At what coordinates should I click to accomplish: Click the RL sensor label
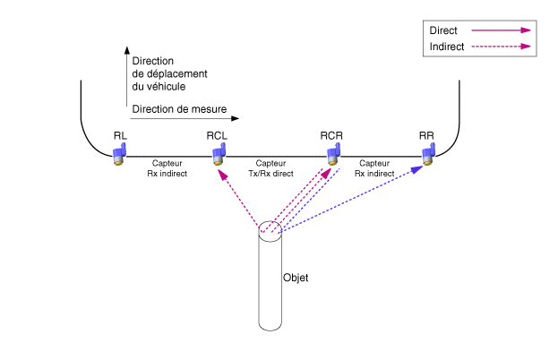point(119,135)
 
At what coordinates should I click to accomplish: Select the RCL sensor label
point(217,135)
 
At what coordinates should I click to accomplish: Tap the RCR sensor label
point(331,135)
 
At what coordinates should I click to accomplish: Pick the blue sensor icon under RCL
point(218,154)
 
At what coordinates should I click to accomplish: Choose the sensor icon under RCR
point(332,154)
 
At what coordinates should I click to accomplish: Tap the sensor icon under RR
point(426,154)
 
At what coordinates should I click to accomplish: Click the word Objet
point(296,279)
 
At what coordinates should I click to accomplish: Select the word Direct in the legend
point(443,30)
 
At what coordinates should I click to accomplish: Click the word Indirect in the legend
point(447,46)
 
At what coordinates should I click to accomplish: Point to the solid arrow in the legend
point(502,30)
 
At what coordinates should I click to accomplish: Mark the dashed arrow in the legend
point(502,46)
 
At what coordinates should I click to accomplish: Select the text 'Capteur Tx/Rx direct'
point(270,168)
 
